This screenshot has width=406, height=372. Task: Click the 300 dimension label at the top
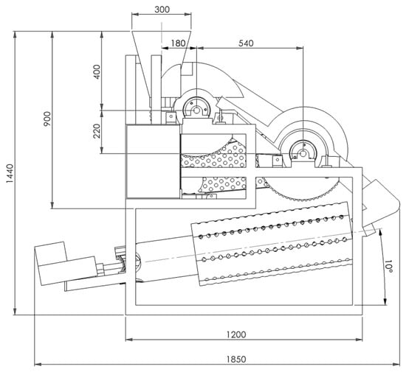pos(162,10)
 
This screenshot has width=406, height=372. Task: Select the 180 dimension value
pos(178,43)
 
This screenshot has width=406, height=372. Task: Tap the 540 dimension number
pos(246,43)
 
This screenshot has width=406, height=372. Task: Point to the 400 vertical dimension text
pos(96,71)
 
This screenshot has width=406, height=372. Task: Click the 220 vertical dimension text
pos(96,131)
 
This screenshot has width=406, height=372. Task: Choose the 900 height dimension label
pos(47,119)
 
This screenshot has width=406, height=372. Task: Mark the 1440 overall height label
pos(10,173)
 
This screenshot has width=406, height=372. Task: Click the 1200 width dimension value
pos(236,334)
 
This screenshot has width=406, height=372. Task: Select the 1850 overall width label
pos(236,359)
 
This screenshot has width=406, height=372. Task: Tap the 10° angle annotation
pos(388,267)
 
